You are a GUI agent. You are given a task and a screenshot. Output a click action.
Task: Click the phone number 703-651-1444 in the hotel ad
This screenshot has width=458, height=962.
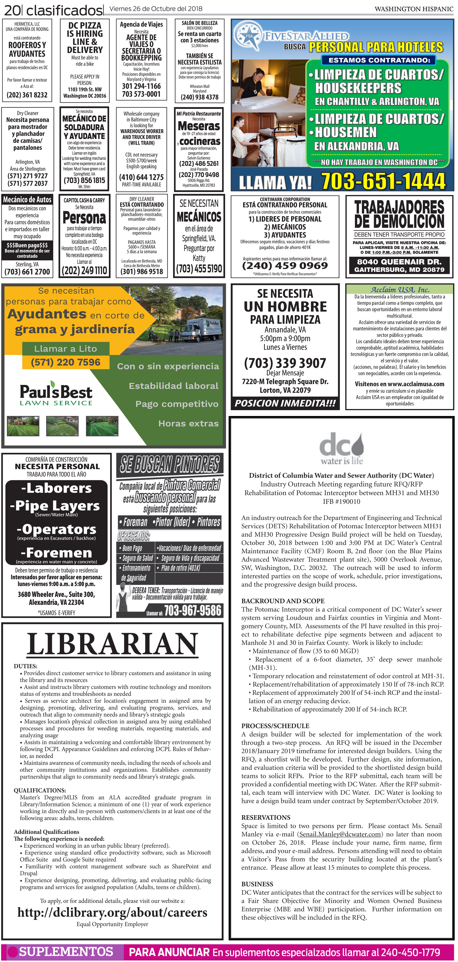click(383, 181)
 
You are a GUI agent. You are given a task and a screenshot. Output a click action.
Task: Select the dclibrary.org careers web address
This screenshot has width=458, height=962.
click(112, 912)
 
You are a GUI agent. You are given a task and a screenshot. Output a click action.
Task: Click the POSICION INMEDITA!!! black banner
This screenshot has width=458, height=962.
click(285, 403)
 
